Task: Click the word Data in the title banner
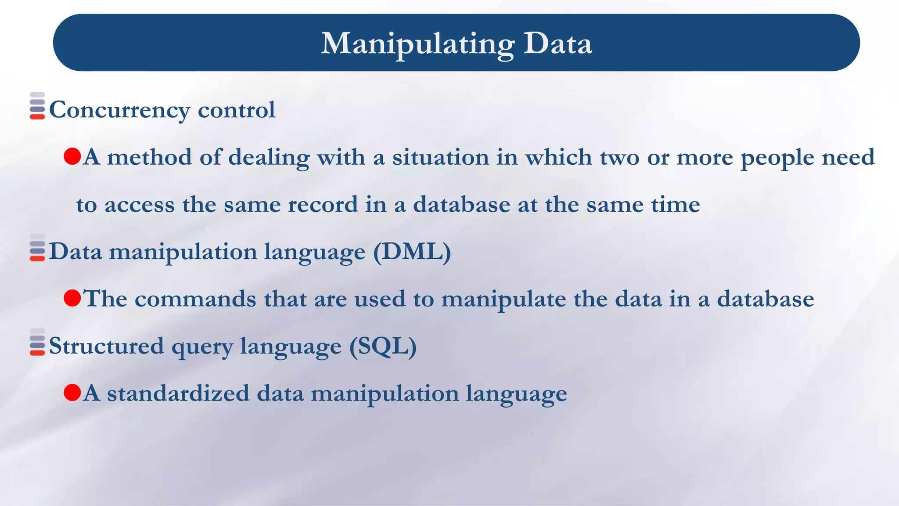pyautogui.click(x=557, y=44)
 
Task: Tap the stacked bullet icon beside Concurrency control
pyautogui.click(x=37, y=106)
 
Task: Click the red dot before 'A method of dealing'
pyautogui.click(x=72, y=156)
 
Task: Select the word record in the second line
pyautogui.click(x=323, y=205)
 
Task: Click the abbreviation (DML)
pyautogui.click(x=412, y=252)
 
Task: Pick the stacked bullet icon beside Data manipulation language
pyautogui.click(x=37, y=248)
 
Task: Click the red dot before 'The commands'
pyautogui.click(x=72, y=298)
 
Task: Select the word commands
pyautogui.click(x=195, y=299)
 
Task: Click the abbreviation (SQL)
pyautogui.click(x=383, y=346)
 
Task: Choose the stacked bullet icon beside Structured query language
pyautogui.click(x=37, y=342)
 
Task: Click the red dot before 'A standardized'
pyautogui.click(x=72, y=392)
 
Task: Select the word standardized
pyautogui.click(x=178, y=393)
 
